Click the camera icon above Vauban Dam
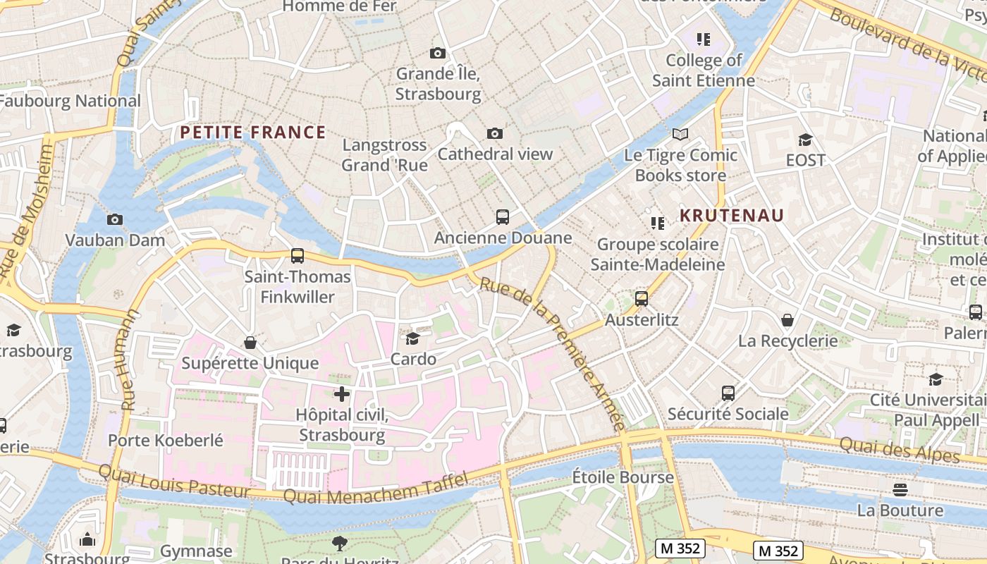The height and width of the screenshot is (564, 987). (x=115, y=219)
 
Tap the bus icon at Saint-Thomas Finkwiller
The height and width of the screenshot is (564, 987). (x=298, y=256)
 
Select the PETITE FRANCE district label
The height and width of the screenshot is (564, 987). (x=252, y=133)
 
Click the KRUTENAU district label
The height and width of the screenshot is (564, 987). (x=732, y=216)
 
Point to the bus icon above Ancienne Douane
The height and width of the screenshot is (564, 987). (x=503, y=217)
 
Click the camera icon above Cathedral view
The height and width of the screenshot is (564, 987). (x=495, y=133)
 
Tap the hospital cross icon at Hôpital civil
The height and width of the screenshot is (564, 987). (x=342, y=393)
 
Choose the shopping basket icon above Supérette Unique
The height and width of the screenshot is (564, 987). (x=250, y=343)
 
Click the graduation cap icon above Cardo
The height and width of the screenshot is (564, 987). (x=413, y=338)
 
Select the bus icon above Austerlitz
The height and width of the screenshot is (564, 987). (x=642, y=299)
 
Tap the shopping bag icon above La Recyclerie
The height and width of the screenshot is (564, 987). (x=787, y=320)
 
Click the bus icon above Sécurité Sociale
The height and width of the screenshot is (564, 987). (x=728, y=393)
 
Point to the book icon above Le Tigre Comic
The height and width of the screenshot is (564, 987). (x=680, y=134)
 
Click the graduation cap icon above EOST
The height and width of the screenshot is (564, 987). (x=805, y=140)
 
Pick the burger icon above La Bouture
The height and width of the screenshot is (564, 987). (x=900, y=489)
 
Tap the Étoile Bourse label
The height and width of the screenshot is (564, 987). (x=623, y=477)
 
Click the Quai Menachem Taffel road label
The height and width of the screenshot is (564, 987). (x=375, y=489)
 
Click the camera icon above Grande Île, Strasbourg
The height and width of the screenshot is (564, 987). (x=438, y=53)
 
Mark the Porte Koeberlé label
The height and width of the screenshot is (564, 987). (x=166, y=441)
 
